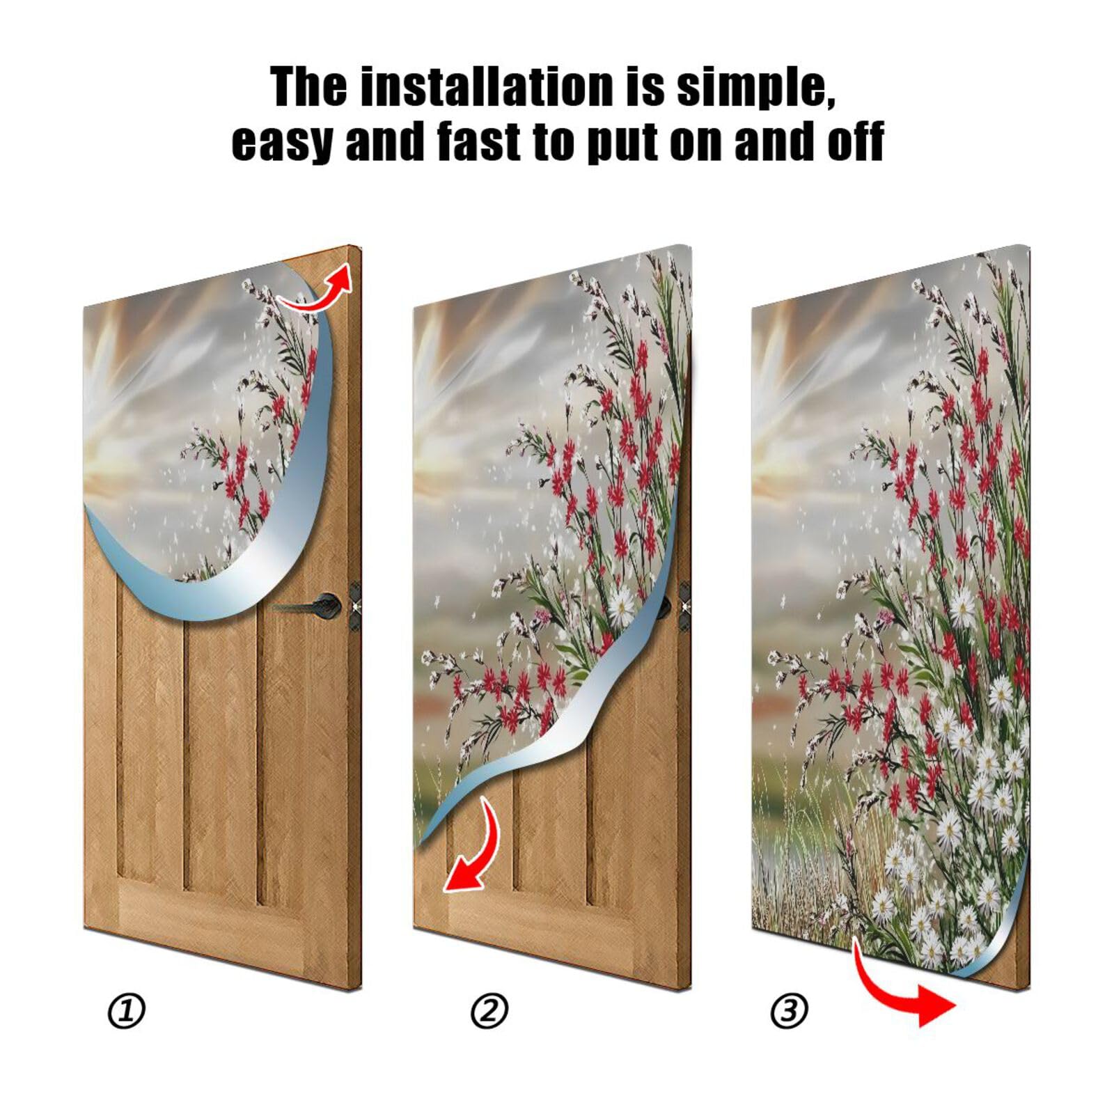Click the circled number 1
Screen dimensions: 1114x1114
pyautogui.click(x=127, y=1011)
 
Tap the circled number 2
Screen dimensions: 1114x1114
pyautogui.click(x=489, y=1011)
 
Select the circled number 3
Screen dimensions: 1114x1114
pyautogui.click(x=789, y=1011)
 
